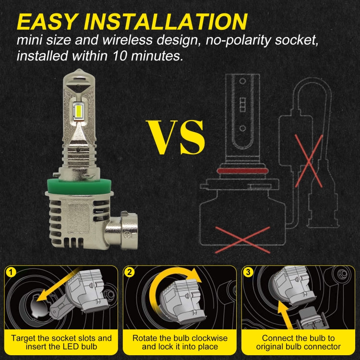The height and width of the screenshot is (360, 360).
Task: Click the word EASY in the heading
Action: click(47, 22)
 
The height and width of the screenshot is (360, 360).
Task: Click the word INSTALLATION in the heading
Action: click(166, 22)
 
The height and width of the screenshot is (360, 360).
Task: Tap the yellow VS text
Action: click(175, 137)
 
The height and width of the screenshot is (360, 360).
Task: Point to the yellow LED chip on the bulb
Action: click(78, 110)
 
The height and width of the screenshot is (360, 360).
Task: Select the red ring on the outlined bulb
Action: click(242, 170)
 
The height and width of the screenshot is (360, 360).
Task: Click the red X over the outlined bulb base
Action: click(242, 240)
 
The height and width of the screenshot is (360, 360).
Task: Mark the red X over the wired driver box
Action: click(309, 161)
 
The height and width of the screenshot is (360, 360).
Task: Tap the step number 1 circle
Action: click(11, 273)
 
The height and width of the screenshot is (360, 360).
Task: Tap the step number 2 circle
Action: click(130, 273)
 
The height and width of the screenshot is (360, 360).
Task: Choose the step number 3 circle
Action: click(248, 273)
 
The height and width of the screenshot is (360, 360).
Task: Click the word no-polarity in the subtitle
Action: click(238, 40)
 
